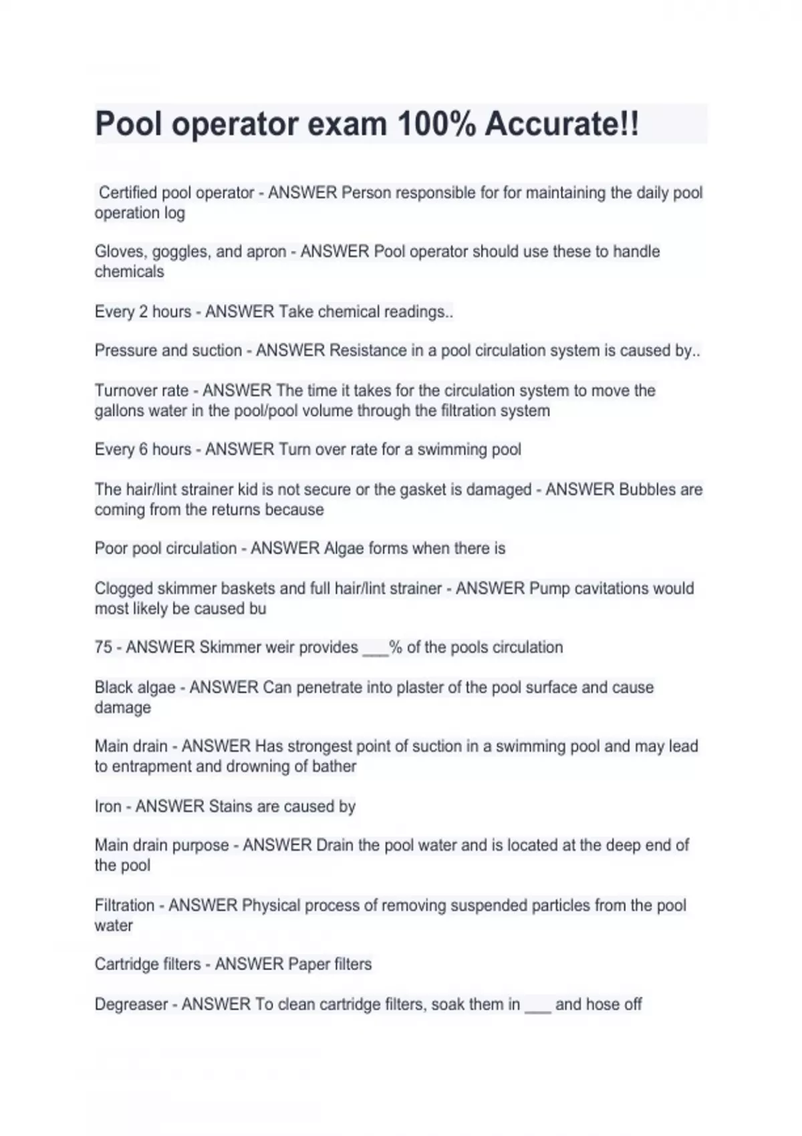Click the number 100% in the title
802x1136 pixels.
click(x=436, y=124)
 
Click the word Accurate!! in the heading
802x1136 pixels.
click(x=562, y=124)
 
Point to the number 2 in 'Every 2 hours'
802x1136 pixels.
click(x=144, y=312)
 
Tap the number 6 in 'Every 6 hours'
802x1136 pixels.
click(x=144, y=450)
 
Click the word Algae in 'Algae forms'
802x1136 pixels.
click(x=344, y=549)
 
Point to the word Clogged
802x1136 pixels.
click(x=124, y=589)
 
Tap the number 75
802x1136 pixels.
click(x=104, y=648)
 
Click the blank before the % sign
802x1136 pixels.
click(x=376, y=650)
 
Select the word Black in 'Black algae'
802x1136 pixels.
click(x=115, y=688)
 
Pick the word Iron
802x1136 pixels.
click(x=108, y=807)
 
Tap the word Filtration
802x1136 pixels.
click(x=124, y=905)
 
